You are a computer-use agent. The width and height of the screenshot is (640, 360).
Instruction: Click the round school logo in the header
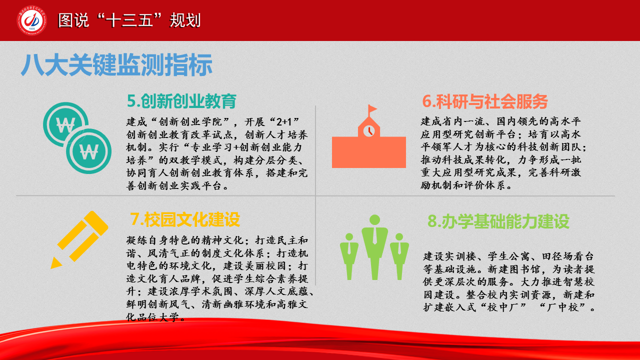pyautogui.click(x=31, y=20)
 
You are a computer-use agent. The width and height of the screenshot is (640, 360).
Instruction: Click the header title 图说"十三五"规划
pyautogui.click(x=129, y=20)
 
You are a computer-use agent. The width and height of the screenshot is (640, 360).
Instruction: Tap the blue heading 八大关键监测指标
pyautogui.click(x=116, y=65)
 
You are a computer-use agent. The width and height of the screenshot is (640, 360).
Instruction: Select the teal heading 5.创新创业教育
pyautogui.click(x=181, y=101)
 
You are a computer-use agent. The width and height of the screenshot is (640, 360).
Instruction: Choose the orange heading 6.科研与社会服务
pyautogui.click(x=485, y=101)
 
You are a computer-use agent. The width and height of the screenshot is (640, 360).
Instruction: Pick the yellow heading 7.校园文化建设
pyautogui.click(x=185, y=219)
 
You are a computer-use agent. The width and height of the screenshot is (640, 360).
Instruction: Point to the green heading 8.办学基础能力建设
pyautogui.click(x=498, y=221)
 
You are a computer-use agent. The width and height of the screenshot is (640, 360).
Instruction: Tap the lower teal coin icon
pyautogui.click(x=89, y=151)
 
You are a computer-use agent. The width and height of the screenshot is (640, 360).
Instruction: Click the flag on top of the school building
pyautogui.click(x=372, y=109)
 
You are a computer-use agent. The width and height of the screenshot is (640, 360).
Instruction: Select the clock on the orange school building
pyautogui.click(x=369, y=131)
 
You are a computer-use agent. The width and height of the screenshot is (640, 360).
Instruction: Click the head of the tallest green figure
pyautogui.click(x=374, y=219)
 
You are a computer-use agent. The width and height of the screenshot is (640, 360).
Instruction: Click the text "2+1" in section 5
pyautogui.click(x=284, y=122)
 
